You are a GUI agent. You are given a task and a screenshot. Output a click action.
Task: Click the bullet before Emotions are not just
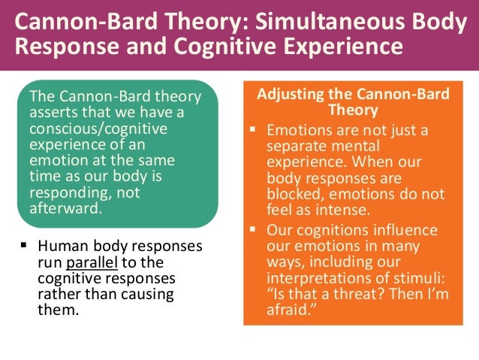click(255, 129)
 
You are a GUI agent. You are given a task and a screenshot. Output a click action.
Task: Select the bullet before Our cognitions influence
click(255, 228)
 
